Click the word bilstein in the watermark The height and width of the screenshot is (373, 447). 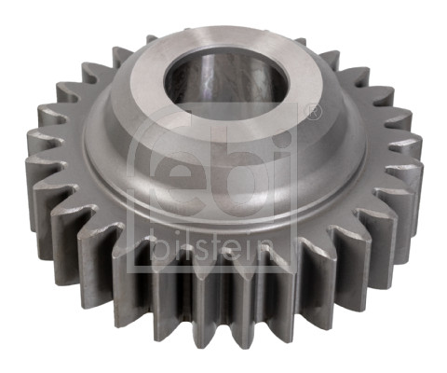[213, 249]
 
